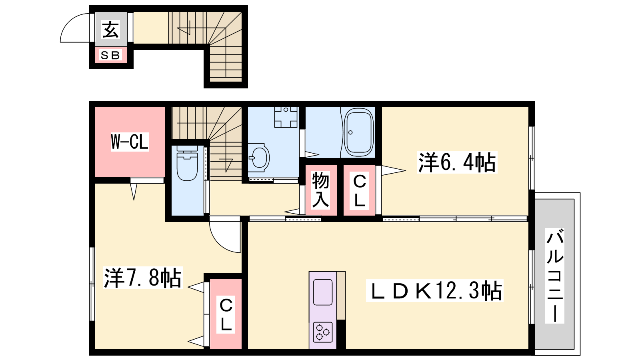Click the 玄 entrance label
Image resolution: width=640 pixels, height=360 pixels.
(x=110, y=30)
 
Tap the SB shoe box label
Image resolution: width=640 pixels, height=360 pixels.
(x=110, y=55)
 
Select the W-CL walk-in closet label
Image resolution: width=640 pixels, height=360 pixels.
(x=130, y=142)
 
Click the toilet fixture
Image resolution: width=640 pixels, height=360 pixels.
(x=187, y=163)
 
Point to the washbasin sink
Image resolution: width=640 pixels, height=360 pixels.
(x=258, y=158)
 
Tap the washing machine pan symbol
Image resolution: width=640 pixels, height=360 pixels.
(x=286, y=117)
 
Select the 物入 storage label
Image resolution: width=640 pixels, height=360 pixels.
(x=320, y=190)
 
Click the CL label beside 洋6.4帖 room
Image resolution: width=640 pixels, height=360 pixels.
(x=360, y=190)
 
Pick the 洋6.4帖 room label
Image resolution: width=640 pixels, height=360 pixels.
(x=457, y=162)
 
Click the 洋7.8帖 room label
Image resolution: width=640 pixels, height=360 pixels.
(x=142, y=278)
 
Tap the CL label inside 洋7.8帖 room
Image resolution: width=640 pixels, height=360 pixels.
(x=226, y=314)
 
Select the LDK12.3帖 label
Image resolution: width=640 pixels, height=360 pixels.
(x=434, y=290)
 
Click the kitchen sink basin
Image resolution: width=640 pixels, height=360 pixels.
(x=323, y=292)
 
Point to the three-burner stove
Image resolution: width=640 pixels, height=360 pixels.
(x=323, y=332)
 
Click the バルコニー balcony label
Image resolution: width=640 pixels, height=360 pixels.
(x=554, y=276)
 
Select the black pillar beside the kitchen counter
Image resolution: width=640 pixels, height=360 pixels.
(x=341, y=334)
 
